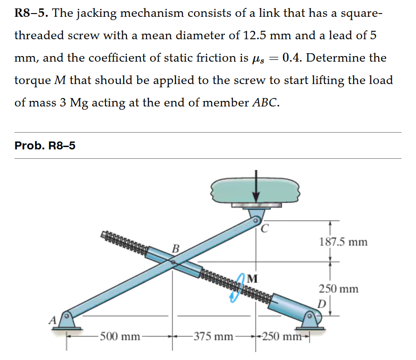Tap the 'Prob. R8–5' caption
coord(45,146)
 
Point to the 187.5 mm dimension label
coord(343,242)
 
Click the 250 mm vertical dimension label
coord(339,289)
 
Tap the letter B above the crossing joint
coord(176,247)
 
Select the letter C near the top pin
coord(264,229)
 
